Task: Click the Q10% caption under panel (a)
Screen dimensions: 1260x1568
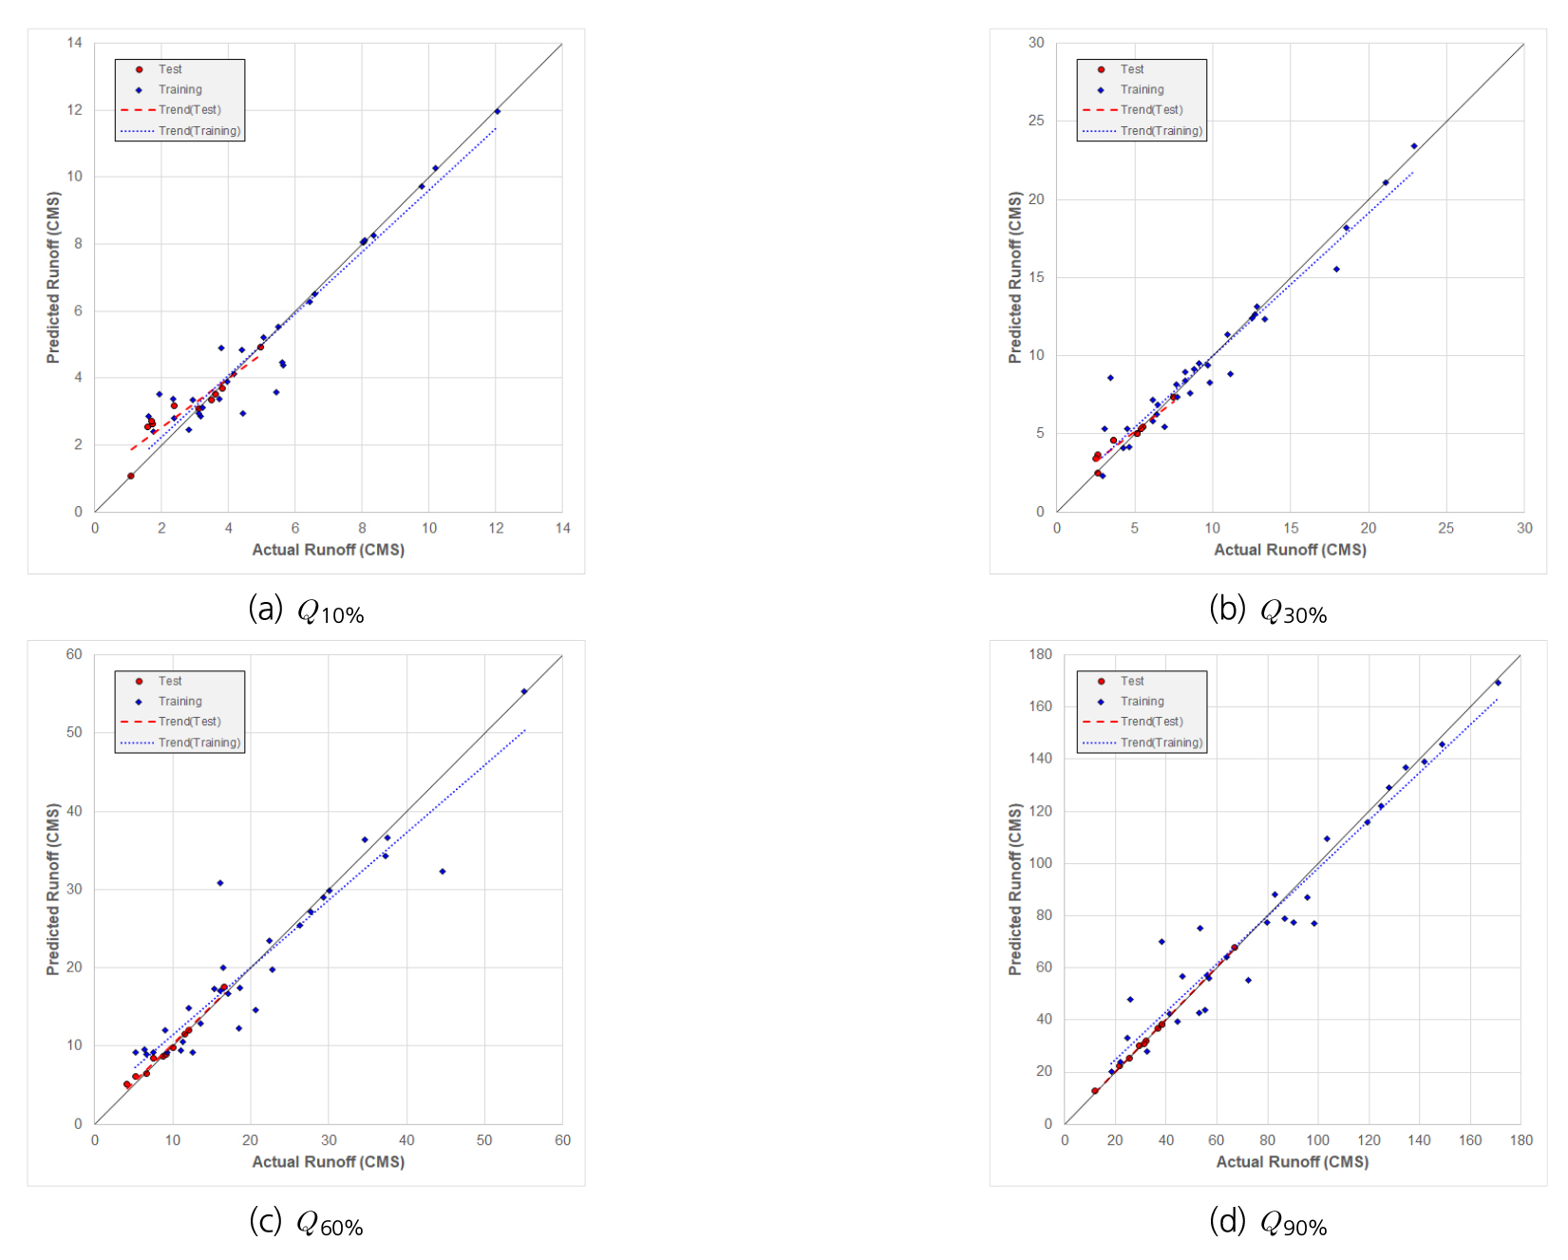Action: (x=307, y=611)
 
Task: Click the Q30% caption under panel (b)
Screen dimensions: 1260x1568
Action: (x=1269, y=611)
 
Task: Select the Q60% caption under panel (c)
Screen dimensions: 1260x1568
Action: (x=307, y=1223)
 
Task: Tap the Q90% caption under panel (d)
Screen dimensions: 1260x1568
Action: (x=1269, y=1223)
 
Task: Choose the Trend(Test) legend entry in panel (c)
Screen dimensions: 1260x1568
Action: (x=189, y=722)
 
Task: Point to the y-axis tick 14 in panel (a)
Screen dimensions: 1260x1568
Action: (x=75, y=43)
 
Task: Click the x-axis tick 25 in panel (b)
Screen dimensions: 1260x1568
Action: (x=1445, y=529)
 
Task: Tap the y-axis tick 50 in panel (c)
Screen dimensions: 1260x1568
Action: (x=74, y=733)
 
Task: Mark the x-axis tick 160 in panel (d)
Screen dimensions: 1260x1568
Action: (x=1470, y=1140)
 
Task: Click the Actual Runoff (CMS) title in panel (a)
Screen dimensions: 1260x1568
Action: (x=328, y=550)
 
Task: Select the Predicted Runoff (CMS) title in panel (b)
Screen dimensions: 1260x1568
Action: (x=1015, y=277)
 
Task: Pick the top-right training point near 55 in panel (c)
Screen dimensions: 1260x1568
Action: (x=524, y=691)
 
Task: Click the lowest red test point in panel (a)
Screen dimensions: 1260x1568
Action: (x=131, y=476)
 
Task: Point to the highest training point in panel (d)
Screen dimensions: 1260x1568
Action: (x=1498, y=683)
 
